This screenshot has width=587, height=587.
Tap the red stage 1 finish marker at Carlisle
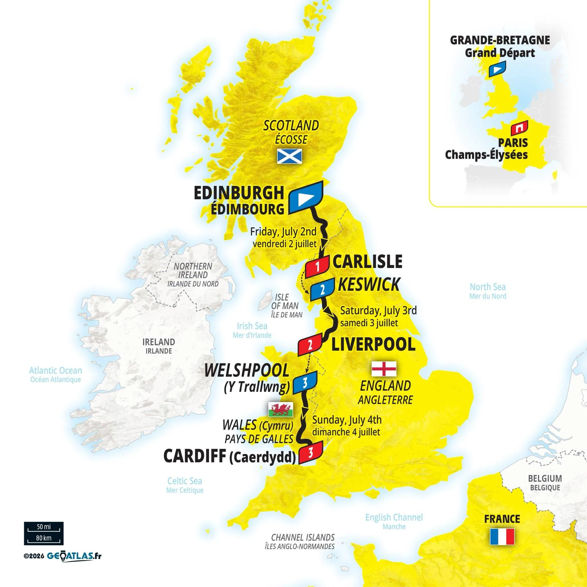317,267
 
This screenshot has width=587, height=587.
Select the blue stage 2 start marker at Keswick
322,289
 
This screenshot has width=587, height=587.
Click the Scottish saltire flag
289,156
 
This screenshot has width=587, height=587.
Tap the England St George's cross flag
384,369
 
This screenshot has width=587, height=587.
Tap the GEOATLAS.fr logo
74,556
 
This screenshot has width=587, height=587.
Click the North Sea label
488,287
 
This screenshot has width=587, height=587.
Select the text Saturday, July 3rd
378,310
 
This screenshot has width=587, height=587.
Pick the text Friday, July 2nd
283,232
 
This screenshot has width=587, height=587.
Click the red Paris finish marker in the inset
520,128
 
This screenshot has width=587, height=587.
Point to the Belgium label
545,487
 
